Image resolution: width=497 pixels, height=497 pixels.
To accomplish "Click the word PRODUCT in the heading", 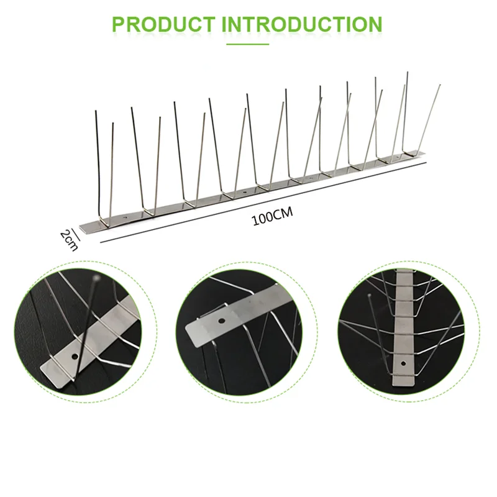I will coord(163,24).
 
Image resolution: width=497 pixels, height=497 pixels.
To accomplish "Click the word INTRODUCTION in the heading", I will coord(302,24).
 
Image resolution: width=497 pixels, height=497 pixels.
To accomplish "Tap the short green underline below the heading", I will coord(247,44).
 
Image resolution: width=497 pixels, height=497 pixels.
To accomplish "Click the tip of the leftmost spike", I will coord(96,111).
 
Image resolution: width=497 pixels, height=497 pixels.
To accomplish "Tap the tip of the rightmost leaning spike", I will coord(440,84).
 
